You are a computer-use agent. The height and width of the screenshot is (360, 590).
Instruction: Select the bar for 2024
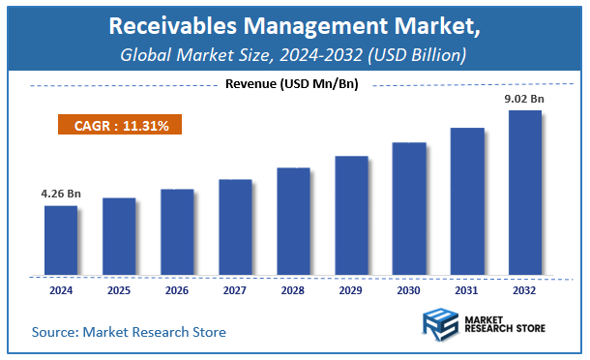pyautogui.click(x=61, y=239)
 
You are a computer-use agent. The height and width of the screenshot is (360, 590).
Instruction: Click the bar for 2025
pyautogui.click(x=119, y=235)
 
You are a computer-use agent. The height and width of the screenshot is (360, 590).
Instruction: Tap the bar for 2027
pyautogui.click(x=235, y=225)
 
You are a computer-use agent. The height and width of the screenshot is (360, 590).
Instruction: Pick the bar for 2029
pyautogui.click(x=351, y=214)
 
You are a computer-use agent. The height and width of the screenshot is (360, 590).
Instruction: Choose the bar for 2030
pyautogui.click(x=409, y=207)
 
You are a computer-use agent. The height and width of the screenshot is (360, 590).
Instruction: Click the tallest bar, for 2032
pyautogui.click(x=525, y=191)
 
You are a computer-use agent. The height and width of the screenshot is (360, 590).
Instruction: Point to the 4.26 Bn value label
pyautogui.click(x=61, y=194)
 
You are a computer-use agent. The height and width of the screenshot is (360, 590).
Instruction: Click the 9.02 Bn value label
pyautogui.click(x=525, y=98)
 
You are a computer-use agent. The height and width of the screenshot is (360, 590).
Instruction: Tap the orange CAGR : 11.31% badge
pyautogui.click(x=116, y=125)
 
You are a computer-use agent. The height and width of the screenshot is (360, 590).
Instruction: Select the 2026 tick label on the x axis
pyautogui.click(x=177, y=289)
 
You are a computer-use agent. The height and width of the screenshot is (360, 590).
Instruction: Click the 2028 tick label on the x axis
pyautogui.click(x=293, y=289)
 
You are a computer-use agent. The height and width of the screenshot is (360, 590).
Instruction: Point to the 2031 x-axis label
pyautogui.click(x=467, y=289)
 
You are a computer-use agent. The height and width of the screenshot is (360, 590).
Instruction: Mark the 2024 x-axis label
pyautogui.click(x=61, y=289)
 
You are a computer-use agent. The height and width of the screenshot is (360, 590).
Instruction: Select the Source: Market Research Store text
pyautogui.click(x=129, y=332)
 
